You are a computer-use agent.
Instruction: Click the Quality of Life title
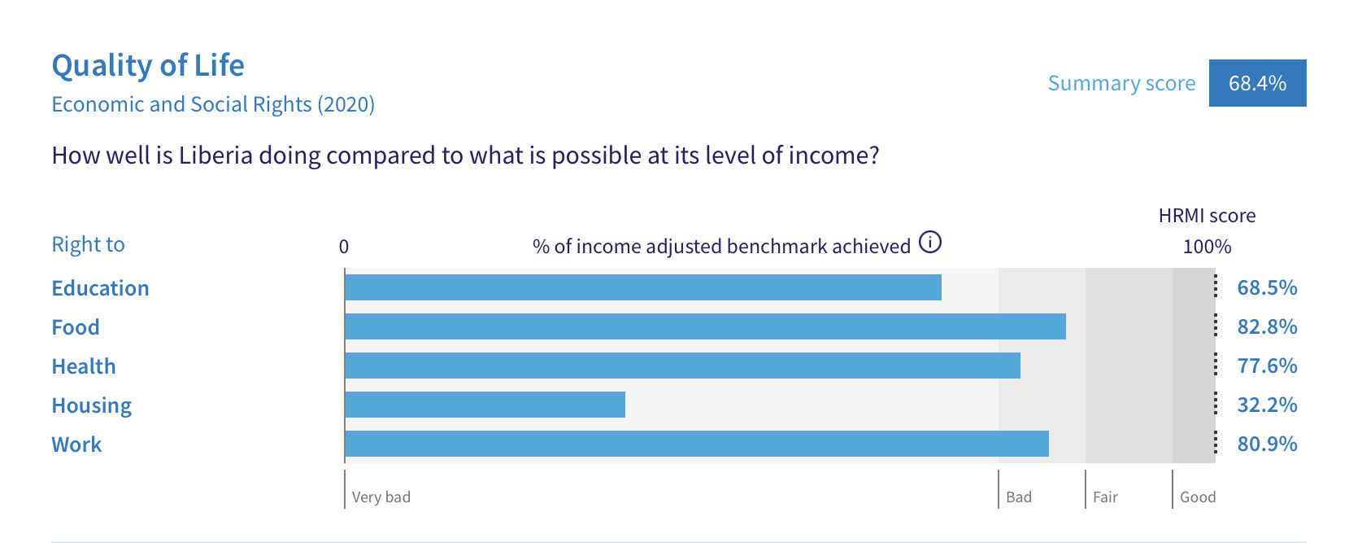click(x=148, y=65)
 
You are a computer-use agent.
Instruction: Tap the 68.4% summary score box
click(x=1257, y=83)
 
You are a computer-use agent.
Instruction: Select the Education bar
click(x=643, y=287)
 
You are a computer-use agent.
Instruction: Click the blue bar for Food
click(x=705, y=326)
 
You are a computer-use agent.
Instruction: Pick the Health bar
click(x=683, y=366)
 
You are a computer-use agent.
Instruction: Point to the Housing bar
click(x=485, y=405)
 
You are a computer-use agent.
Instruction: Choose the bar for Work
click(x=697, y=444)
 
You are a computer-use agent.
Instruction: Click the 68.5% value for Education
click(x=1267, y=287)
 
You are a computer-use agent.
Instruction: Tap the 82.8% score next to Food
click(x=1267, y=327)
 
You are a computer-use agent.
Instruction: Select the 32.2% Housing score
click(x=1267, y=405)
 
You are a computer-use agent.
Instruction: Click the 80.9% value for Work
click(x=1267, y=444)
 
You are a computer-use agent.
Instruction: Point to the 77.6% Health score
click(x=1267, y=366)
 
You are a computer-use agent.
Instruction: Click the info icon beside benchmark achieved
click(x=929, y=243)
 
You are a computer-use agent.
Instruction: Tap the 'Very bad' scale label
click(x=381, y=497)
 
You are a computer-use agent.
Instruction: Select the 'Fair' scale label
click(x=1105, y=497)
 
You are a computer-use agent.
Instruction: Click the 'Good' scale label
click(x=1198, y=497)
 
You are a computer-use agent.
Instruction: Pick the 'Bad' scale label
click(x=1019, y=497)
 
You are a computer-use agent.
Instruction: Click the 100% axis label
click(x=1207, y=247)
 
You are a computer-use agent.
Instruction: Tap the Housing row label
click(x=92, y=405)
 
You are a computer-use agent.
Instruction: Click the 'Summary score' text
click(x=1122, y=83)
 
